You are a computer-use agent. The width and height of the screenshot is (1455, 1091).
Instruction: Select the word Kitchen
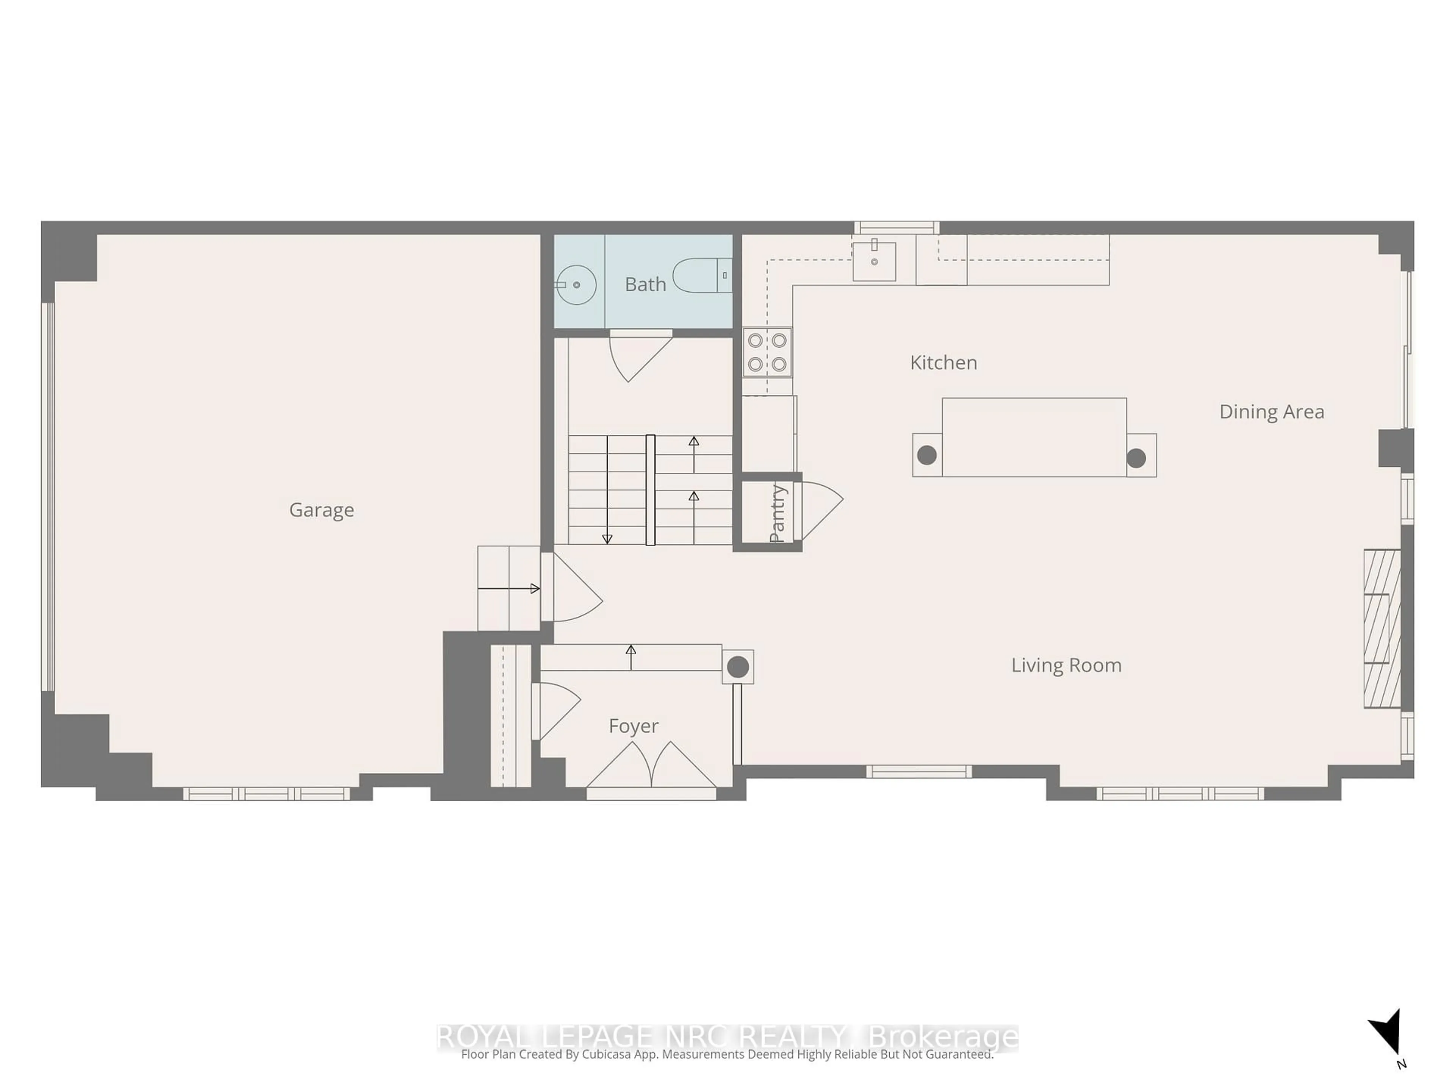(x=943, y=363)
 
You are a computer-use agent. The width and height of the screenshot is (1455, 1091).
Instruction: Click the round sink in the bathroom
(x=576, y=285)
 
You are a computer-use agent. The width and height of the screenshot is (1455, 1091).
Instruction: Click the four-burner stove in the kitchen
(x=767, y=352)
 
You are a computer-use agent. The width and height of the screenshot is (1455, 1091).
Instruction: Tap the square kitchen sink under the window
(x=874, y=261)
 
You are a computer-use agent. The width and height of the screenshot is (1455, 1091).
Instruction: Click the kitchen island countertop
(x=1034, y=437)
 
